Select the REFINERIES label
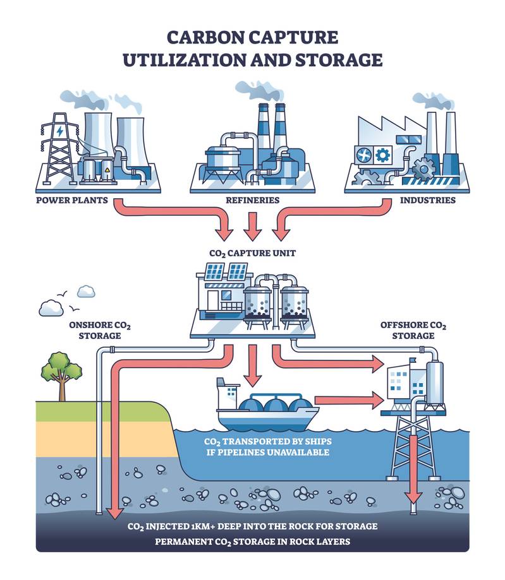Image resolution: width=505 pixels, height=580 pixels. pyautogui.click(x=253, y=200)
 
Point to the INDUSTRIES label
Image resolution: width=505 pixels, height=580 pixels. pyautogui.click(x=427, y=200)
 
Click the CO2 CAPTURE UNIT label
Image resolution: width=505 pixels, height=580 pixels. pyautogui.click(x=253, y=253)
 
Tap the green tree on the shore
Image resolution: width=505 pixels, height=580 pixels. pyautogui.click(x=61, y=372)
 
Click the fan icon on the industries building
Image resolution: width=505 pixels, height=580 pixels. pyautogui.click(x=365, y=154)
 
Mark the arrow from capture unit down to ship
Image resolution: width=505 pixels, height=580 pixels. pyautogui.click(x=253, y=369)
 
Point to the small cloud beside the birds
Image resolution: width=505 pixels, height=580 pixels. pyautogui.click(x=86, y=292)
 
